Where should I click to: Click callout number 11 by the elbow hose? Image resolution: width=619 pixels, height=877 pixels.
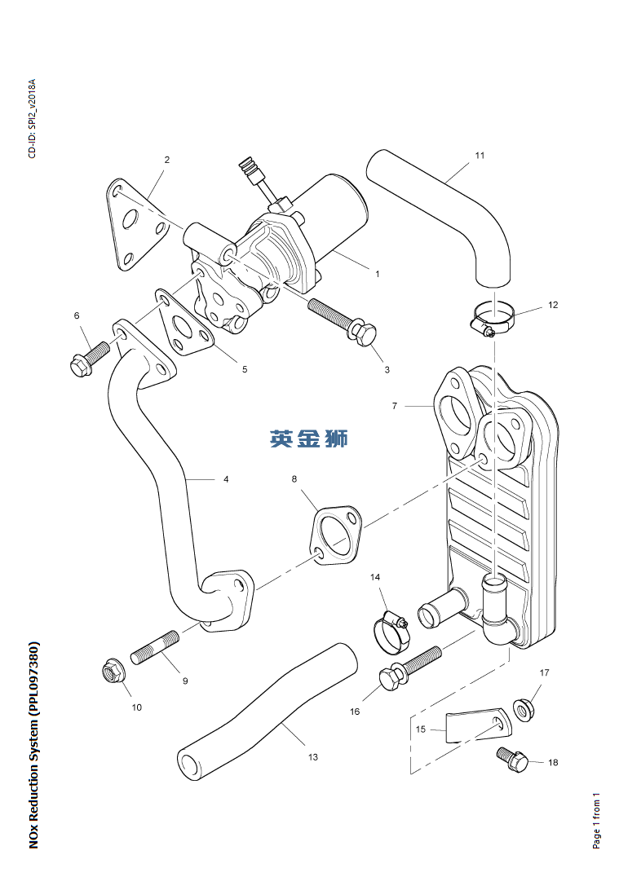coord(480,155)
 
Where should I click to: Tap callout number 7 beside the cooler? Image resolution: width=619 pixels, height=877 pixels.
coord(394,405)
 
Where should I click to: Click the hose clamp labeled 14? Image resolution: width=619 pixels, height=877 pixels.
coord(391,629)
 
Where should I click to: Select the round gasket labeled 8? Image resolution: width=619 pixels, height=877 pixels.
coord(334,535)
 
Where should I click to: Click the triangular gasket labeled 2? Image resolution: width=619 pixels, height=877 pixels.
coord(132,225)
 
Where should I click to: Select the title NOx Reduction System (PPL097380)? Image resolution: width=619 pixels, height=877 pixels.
coord(33,745)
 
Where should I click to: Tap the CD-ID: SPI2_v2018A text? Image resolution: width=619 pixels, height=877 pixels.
coord(33,118)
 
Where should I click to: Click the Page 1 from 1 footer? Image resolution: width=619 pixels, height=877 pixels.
coord(596,820)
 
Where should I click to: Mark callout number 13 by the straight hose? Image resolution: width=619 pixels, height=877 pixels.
coord(313,757)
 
